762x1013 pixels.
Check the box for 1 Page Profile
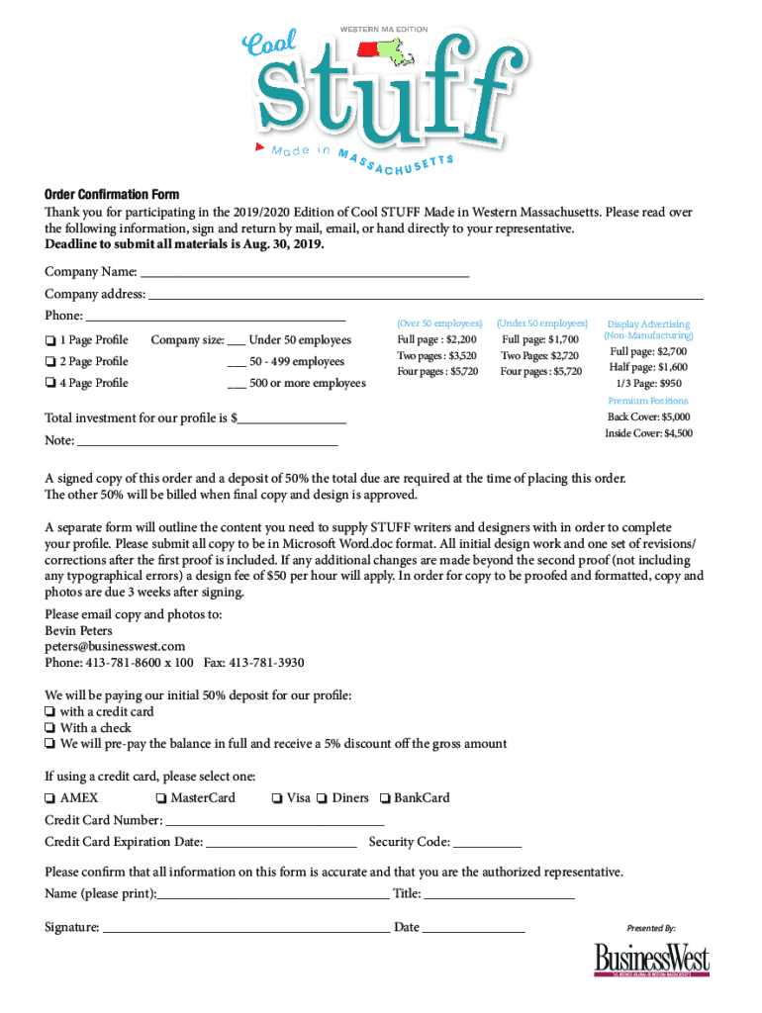pos(49,341)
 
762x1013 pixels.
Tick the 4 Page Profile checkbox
pos(49,384)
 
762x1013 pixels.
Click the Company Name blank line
pos(304,272)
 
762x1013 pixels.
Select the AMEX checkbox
pos(49,798)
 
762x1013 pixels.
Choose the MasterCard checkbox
pos(160,798)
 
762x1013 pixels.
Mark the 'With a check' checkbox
pos(49,728)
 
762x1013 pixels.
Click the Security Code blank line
pos(487,843)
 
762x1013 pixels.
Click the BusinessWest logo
pos(651,960)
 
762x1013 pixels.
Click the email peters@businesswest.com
pos(115,646)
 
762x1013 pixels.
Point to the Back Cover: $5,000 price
pos(648,417)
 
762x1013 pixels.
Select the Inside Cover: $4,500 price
pos(648,433)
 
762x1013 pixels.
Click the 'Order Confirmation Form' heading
pos(112,194)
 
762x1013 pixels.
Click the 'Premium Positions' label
pos(648,401)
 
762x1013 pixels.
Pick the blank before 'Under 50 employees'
pos(237,341)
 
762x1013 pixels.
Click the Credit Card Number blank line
pos(274,821)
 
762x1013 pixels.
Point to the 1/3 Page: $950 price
pos(648,383)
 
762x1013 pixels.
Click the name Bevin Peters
pos(78,630)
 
